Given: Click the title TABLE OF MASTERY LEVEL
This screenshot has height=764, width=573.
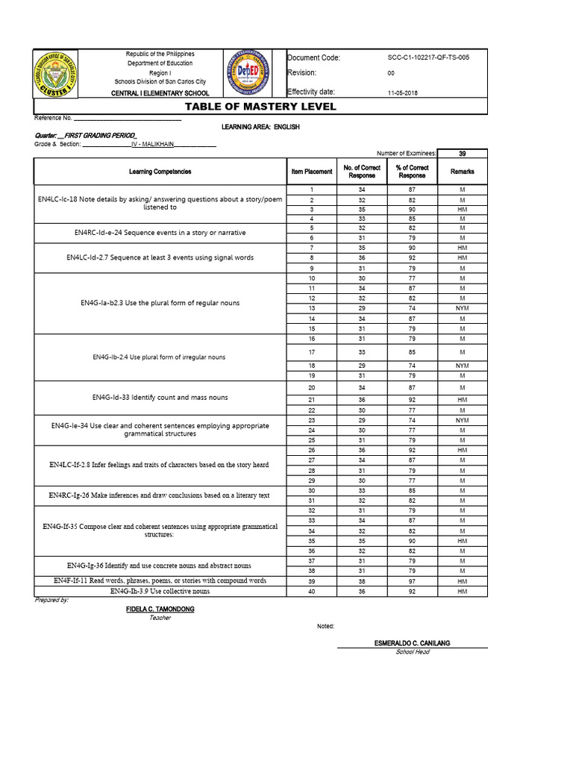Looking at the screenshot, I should coord(260,107).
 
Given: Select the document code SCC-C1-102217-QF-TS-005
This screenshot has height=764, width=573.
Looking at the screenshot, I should coord(428,57).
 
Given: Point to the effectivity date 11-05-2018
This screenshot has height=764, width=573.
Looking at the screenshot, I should coord(404,93).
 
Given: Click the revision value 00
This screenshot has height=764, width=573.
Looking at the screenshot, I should coord(391,74).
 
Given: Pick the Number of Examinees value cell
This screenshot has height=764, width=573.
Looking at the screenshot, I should coord(462,153).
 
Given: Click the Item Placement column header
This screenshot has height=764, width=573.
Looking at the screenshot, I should coord(312,172).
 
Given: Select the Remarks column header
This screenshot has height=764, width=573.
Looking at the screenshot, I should coord(462,172).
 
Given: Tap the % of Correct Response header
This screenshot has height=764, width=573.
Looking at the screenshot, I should coord(412,172).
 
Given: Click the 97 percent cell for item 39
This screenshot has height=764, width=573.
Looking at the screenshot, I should coord(412,581).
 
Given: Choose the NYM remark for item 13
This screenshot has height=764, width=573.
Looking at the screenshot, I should coord(462,308).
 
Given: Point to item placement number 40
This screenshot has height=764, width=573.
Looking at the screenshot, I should coord(312,592).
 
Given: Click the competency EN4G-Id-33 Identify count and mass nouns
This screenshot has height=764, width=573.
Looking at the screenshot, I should coord(160,398).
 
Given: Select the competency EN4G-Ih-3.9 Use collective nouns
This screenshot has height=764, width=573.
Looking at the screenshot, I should coord(160,592).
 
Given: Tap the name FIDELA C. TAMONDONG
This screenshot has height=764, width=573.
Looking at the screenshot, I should coord(160,610).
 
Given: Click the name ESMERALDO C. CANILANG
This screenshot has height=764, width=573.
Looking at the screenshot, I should coord(412,643).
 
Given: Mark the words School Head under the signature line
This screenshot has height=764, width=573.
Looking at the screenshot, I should coord(412,652).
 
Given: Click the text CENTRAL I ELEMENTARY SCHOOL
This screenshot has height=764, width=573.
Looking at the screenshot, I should coord(160,93).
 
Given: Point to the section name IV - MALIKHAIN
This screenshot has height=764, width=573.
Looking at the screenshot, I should coord(154,144).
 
